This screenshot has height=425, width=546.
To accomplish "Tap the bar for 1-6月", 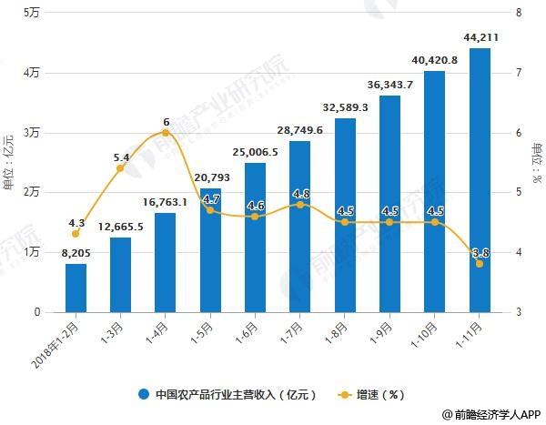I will tap(256, 238).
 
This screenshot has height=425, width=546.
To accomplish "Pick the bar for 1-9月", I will tap(390, 204).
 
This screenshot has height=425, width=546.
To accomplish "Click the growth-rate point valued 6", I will tap(166, 133).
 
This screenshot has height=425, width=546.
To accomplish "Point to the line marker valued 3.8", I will tap(480, 264).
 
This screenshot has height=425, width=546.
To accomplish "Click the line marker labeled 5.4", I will tap(121, 168).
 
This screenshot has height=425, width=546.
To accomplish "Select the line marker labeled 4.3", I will tap(76, 234).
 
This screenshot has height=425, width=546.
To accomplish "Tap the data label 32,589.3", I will tap(345, 106).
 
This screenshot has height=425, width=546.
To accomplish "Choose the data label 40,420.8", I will tap(435, 59).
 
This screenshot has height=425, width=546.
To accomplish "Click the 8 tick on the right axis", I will tap(517, 13).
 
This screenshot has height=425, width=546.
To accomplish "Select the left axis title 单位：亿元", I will tap(9, 162).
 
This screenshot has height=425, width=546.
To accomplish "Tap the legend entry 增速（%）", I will tap(373, 395).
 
